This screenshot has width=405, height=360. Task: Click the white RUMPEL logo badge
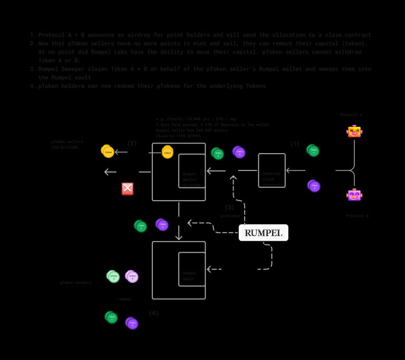point(263,232)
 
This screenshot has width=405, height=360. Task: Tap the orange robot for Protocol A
point(354,131)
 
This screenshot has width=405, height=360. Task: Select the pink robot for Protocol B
point(354,195)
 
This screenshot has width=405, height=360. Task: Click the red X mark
point(128,189)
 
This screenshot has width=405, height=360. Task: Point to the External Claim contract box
point(272,170)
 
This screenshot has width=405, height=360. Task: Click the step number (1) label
point(295,144)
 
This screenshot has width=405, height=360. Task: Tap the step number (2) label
point(132,143)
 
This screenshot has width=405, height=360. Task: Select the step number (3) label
point(229,207)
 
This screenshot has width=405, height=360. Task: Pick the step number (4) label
point(153,313)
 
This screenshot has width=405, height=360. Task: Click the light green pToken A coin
point(113,276)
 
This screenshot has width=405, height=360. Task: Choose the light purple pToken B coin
point(132,276)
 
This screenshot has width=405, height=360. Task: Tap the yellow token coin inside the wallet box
point(167,152)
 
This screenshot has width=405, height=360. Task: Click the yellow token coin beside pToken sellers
point(108,151)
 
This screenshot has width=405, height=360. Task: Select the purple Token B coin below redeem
point(132,323)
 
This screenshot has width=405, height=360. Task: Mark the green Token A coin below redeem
point(111,317)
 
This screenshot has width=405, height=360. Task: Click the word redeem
point(124,299)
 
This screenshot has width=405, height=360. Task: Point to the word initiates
point(230,216)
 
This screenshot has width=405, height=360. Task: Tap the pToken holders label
point(75,282)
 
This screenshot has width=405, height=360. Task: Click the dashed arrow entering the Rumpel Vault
point(214,269)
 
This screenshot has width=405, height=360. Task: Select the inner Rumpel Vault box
point(192,269)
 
